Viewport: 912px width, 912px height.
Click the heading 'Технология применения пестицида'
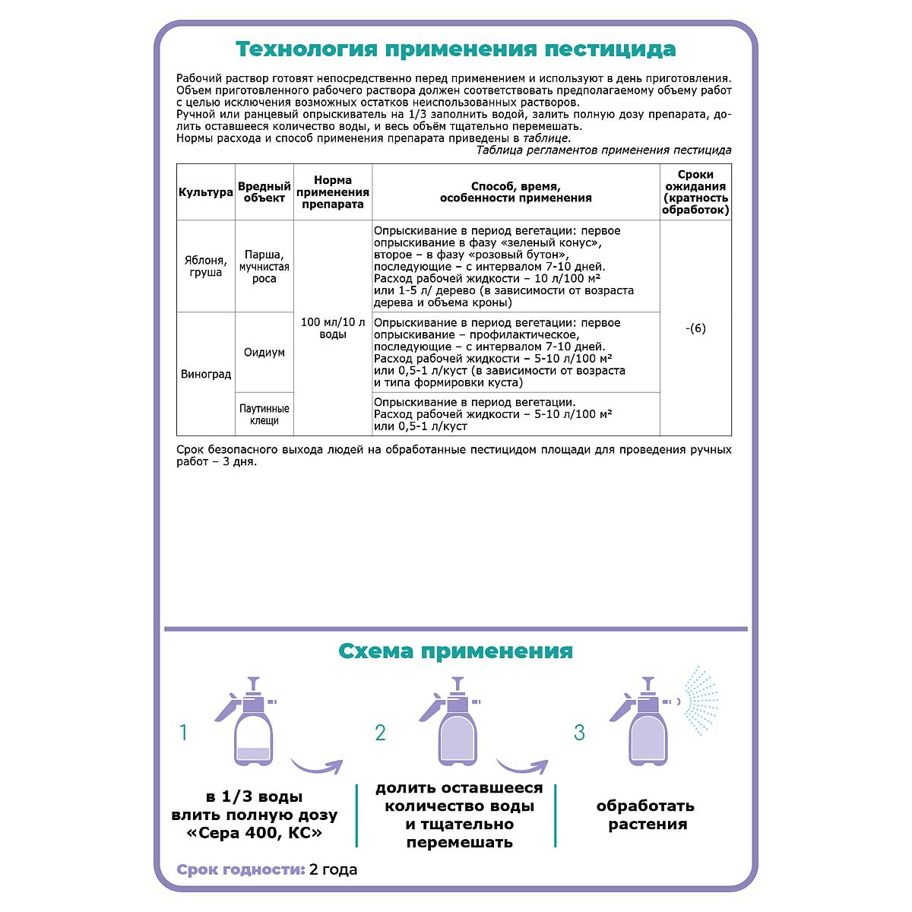tap(455, 49)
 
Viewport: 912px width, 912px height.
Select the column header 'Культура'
tap(205, 192)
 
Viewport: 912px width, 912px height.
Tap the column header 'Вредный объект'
tap(264, 192)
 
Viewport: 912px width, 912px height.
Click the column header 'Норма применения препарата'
tap(333, 192)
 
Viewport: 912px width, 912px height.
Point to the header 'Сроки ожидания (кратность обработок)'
tap(695, 192)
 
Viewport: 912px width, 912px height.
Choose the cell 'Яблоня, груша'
tap(205, 266)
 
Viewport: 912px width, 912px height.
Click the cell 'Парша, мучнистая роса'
tap(264, 267)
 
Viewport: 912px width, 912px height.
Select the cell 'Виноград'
tap(205, 374)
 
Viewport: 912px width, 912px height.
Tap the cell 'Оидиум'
tap(264, 353)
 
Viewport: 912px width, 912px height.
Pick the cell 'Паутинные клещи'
tap(264, 414)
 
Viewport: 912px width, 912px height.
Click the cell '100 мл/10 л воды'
tap(333, 328)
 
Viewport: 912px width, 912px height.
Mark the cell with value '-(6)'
tap(695, 328)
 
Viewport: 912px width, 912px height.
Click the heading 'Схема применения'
tap(455, 651)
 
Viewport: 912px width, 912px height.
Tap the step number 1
tap(183, 733)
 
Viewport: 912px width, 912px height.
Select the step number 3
tap(579, 733)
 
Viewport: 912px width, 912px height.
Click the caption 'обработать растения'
tap(647, 815)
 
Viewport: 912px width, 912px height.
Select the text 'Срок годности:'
tap(241, 869)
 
